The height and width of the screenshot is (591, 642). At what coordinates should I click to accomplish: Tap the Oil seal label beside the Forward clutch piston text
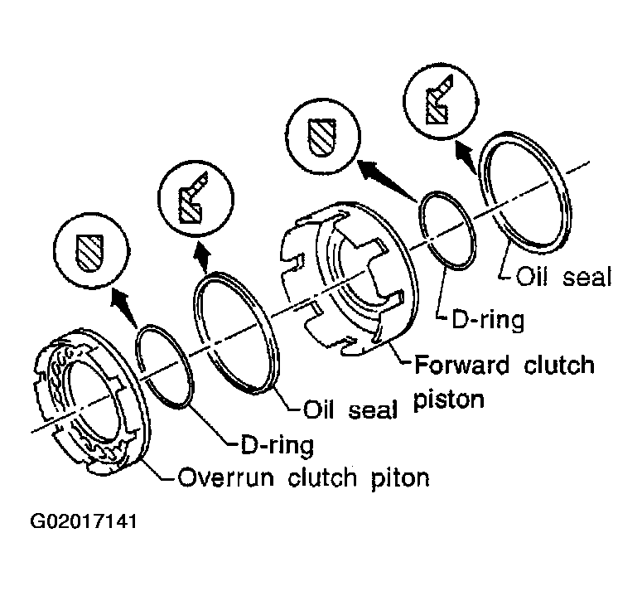pos(351,409)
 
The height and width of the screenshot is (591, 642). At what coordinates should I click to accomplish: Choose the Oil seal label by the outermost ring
pos(564,276)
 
